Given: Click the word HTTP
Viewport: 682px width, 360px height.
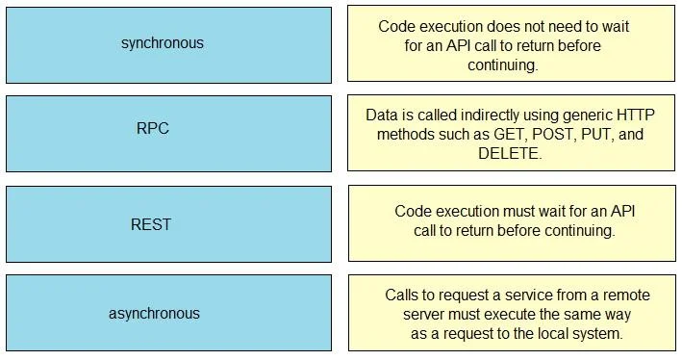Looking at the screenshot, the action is pos(636,115).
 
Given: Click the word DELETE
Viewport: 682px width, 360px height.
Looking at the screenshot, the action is pos(510,153).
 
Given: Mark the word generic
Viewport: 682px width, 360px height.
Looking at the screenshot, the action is pos(587,116).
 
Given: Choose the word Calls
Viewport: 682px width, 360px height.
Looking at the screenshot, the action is pos(400,296).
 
